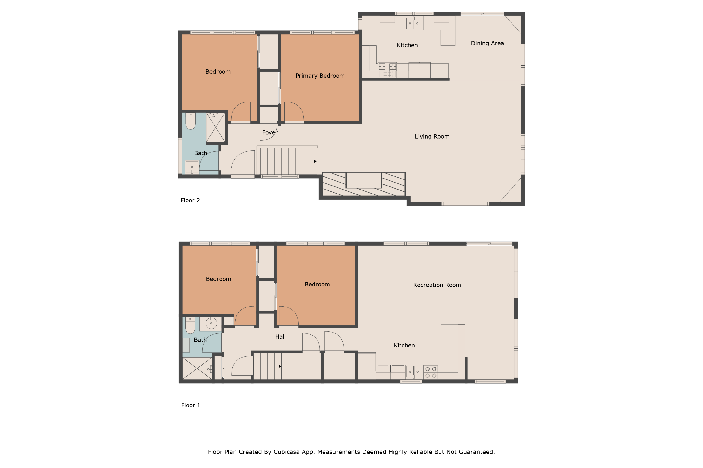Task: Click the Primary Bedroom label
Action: click(320, 76)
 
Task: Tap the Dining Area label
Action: click(487, 43)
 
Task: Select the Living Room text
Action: click(432, 136)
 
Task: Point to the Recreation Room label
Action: click(437, 285)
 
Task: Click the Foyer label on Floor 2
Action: click(270, 132)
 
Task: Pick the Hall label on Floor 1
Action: click(280, 337)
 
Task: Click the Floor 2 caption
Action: click(190, 200)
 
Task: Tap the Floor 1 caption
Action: click(191, 405)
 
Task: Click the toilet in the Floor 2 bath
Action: click(190, 121)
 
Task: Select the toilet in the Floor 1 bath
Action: click(190, 325)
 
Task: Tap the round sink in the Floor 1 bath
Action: click(211, 323)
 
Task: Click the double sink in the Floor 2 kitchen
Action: click(413, 23)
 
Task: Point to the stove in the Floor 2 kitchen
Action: click(387, 70)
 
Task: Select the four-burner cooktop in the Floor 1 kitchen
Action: click(431, 372)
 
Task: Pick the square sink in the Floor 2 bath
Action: click(192, 167)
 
